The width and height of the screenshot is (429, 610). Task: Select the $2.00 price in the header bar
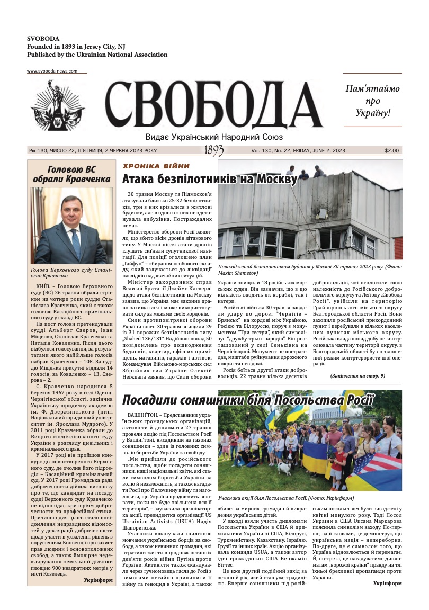point(392,150)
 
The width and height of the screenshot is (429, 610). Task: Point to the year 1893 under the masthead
point(213,151)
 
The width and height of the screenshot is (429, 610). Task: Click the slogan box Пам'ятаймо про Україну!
point(372,101)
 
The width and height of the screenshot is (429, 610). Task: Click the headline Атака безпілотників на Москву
point(209,179)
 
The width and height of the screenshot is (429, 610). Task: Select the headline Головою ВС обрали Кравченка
point(71,174)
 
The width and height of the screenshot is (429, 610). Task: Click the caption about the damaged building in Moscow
point(309,269)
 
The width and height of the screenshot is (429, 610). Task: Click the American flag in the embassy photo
point(370,469)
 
